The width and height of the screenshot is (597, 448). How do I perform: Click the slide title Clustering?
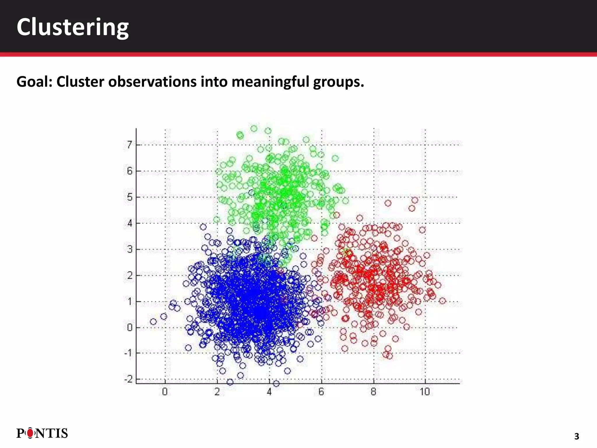pyautogui.click(x=73, y=27)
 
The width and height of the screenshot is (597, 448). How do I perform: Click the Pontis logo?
pyautogui.click(x=42, y=433)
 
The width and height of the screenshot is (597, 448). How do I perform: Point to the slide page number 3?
pyautogui.click(x=576, y=436)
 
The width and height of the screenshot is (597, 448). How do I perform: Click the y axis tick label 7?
pyautogui.click(x=129, y=145)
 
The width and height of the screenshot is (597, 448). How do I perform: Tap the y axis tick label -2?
pyautogui.click(x=128, y=379)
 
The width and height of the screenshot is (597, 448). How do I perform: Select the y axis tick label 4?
pyautogui.click(x=129, y=223)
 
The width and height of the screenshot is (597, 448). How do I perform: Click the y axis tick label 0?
pyautogui.click(x=129, y=328)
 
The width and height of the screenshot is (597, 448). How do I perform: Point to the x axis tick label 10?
pyautogui.click(x=425, y=392)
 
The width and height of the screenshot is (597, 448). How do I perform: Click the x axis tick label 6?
pyautogui.click(x=321, y=392)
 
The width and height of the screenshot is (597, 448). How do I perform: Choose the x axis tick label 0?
pyautogui.click(x=165, y=392)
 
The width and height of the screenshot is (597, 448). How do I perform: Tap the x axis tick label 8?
pyautogui.click(x=373, y=392)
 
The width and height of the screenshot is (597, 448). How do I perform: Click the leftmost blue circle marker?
pyautogui.click(x=153, y=321)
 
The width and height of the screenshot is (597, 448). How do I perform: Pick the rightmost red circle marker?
pyautogui.click(x=442, y=301)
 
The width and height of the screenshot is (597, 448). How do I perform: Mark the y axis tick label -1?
pyautogui.click(x=128, y=353)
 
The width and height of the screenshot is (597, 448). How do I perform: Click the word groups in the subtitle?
pyautogui.click(x=338, y=82)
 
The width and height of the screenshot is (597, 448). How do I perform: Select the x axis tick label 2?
pyautogui.click(x=217, y=392)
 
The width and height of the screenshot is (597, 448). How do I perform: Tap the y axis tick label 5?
pyautogui.click(x=129, y=197)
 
